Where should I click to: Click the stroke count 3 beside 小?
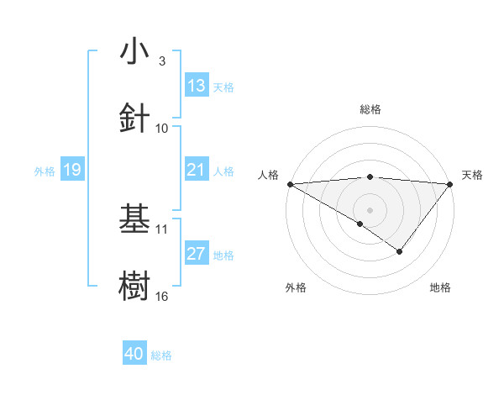coord(162,61)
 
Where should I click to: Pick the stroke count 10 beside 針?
coord(162,129)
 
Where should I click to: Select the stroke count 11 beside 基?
coord(162,229)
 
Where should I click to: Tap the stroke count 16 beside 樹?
coord(162,296)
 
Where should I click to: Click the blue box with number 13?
coord(196,85)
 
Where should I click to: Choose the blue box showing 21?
coord(196,170)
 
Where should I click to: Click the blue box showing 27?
coord(196,254)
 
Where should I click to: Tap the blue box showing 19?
coord(71,170)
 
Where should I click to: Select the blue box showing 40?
coord(134,354)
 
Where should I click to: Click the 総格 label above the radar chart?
coord(370,109)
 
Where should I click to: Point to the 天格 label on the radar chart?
coord(472,175)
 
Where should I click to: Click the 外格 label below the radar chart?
coord(296,287)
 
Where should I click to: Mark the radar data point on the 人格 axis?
coord(290,184)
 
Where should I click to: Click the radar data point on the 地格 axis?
coord(400,251)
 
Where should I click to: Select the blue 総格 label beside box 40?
coord(161,355)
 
